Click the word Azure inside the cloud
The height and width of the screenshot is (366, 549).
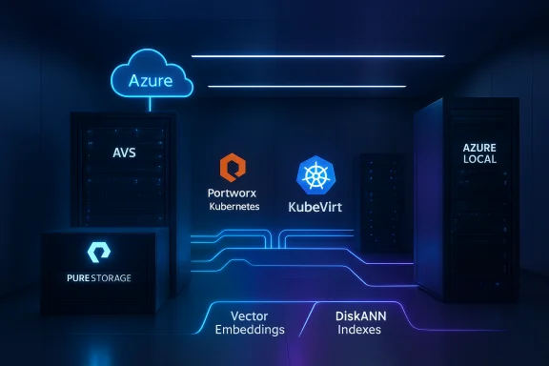(150, 80)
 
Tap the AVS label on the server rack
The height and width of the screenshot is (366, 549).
(124, 152)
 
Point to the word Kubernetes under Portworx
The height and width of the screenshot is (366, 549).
(234, 206)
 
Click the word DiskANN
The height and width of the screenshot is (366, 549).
(359, 315)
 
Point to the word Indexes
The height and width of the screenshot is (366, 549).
(359, 330)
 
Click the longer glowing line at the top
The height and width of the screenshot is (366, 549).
(317, 56)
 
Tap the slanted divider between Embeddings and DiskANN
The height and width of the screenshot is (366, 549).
(307, 322)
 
